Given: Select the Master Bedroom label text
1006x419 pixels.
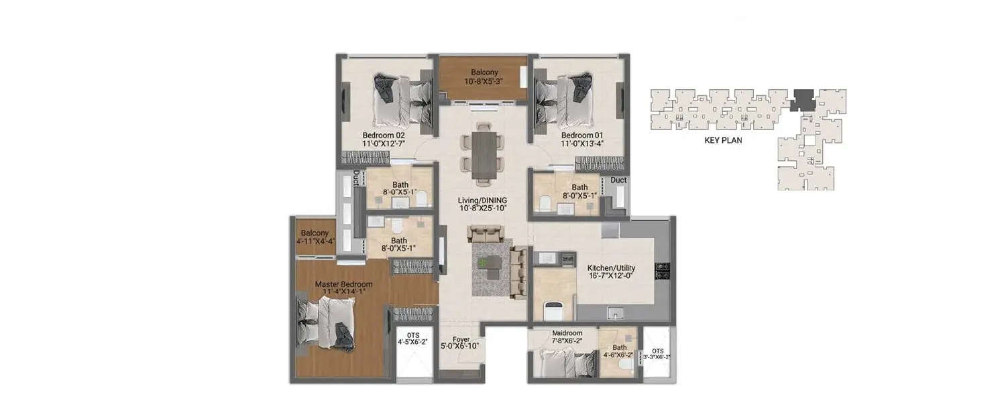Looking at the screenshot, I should tap(343, 284).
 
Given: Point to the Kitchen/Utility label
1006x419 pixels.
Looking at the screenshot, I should tap(611, 268).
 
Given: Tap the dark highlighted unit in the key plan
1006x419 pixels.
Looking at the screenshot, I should tap(801, 100).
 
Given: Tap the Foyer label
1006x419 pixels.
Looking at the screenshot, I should tap(461, 339).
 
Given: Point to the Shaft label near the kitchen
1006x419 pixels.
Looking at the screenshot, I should tap(568, 258).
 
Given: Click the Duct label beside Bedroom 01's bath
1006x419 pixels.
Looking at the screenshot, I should tap(619, 180).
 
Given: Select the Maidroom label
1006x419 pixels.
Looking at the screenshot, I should tap(567, 333).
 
